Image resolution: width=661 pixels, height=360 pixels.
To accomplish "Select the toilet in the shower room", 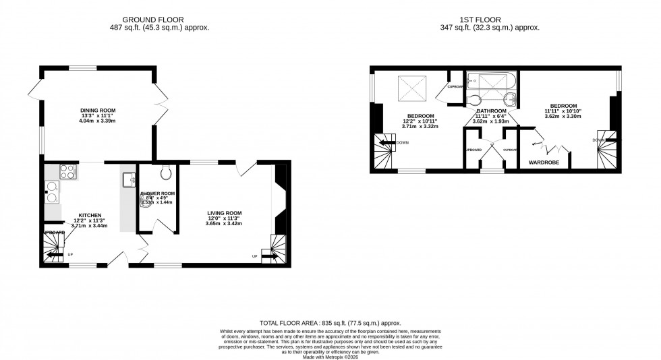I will [165, 174].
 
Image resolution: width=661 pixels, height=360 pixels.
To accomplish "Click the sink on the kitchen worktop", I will [129, 179].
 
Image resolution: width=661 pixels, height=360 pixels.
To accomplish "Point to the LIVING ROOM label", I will [224, 212].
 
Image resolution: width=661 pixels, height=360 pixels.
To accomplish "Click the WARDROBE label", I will [544, 162].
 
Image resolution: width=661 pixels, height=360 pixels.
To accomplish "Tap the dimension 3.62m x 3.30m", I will [563, 117].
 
